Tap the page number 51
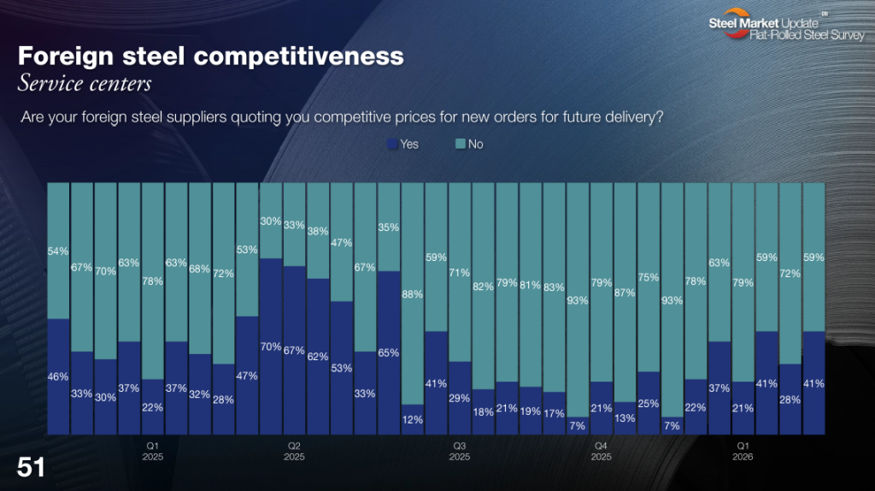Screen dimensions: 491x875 (32, 467)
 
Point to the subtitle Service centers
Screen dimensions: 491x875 (85, 83)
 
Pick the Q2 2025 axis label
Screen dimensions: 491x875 (294, 451)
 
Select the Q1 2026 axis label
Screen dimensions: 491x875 (743, 451)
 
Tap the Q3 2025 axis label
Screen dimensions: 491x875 (459, 451)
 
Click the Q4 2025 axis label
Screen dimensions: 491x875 (601, 451)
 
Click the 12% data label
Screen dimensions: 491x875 (413, 419)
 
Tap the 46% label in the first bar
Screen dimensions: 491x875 (58, 376)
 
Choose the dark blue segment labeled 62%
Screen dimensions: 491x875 (318, 356)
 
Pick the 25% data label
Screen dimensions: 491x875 (649, 403)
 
